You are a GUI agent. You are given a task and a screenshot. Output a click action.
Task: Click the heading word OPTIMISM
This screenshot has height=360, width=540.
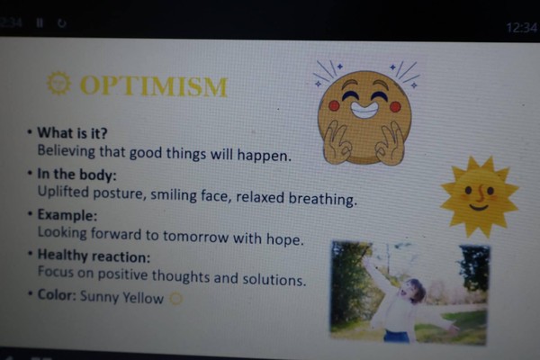[x=154, y=85]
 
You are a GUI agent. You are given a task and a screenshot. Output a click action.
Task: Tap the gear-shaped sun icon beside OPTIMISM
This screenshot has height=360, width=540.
[x=58, y=83]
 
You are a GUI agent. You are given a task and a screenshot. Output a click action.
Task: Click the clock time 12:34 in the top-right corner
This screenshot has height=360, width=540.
[x=521, y=28]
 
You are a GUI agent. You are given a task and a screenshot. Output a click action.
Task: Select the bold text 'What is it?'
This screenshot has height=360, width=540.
[x=72, y=133]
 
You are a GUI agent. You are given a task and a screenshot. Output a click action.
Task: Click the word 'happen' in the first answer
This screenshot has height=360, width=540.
[x=264, y=156]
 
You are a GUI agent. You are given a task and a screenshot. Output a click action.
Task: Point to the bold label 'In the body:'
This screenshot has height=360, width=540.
[x=76, y=175]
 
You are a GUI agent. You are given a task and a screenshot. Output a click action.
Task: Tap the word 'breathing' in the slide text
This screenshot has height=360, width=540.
[x=322, y=199]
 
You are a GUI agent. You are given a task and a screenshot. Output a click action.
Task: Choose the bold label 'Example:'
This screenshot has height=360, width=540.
[x=67, y=215]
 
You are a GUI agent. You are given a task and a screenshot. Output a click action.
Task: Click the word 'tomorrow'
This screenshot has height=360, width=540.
[x=195, y=237]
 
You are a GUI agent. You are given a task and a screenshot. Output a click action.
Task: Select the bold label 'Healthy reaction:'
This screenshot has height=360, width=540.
[x=94, y=256]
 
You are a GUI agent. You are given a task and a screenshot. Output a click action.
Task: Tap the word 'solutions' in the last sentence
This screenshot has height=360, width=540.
[x=274, y=279]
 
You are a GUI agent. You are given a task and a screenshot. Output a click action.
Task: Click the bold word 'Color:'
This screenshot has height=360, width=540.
[x=57, y=295]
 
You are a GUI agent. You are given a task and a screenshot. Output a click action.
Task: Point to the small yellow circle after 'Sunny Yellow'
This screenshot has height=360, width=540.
[x=176, y=299]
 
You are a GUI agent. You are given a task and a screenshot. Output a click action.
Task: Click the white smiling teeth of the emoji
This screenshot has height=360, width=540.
[x=364, y=110]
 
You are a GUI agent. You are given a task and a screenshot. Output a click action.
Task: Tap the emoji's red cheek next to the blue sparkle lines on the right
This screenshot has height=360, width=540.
[x=395, y=107]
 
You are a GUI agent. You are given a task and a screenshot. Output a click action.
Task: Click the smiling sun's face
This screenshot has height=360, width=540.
[x=479, y=195]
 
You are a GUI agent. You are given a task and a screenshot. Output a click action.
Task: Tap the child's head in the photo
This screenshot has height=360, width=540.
[x=412, y=291]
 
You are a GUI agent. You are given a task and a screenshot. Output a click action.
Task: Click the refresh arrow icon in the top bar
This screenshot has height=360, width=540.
[x=61, y=23]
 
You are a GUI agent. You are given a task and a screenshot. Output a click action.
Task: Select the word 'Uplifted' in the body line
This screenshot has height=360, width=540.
[x=63, y=193]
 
